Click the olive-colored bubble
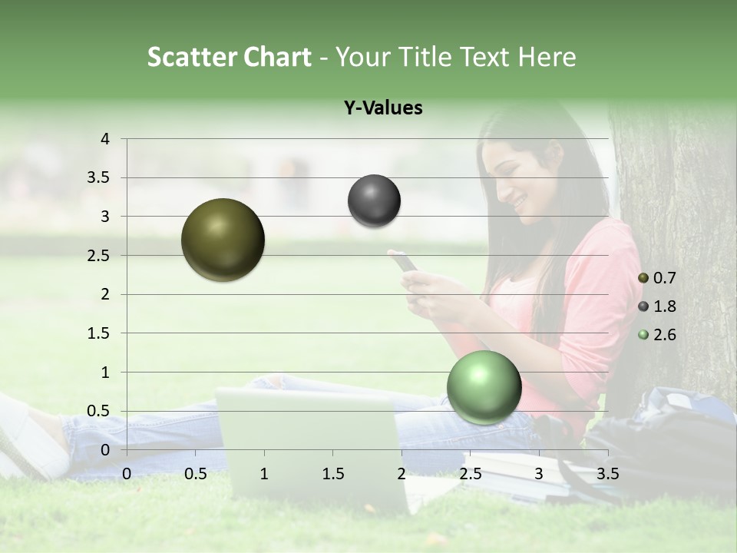click(x=223, y=240)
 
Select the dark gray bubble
click(x=374, y=201)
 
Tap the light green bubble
click(x=484, y=387)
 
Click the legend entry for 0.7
click(x=657, y=278)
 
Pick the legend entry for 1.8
click(x=657, y=306)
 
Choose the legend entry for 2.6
click(x=657, y=335)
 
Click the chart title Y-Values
click(x=383, y=108)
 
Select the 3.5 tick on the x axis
click(x=607, y=474)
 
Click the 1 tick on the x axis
click(x=264, y=474)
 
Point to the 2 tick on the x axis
click(x=401, y=474)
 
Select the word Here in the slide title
click(x=547, y=57)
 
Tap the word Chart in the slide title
click(x=277, y=57)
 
